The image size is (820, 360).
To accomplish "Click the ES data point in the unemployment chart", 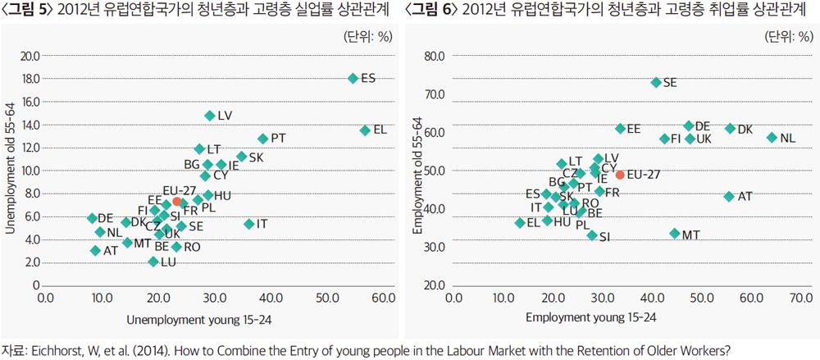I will (353, 78).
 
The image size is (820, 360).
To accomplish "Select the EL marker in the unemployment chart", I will (365, 130).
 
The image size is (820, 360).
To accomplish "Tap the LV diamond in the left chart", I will (210, 116).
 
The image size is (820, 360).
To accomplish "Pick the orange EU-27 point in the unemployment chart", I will (176, 201).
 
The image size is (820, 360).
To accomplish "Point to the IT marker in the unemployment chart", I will (249, 224).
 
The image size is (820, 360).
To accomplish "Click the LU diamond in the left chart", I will (153, 262).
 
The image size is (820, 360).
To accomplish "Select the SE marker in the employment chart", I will (656, 82).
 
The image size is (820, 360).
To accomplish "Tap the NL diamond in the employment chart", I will (772, 137).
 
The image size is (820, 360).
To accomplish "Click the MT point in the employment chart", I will (675, 233).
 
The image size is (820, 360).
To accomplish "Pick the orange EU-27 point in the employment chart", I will (620, 175).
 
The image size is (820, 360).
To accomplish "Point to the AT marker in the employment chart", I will (729, 196).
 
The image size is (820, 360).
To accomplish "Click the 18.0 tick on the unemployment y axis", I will (30, 79).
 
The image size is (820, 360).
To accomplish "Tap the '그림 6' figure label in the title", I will (432, 10).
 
